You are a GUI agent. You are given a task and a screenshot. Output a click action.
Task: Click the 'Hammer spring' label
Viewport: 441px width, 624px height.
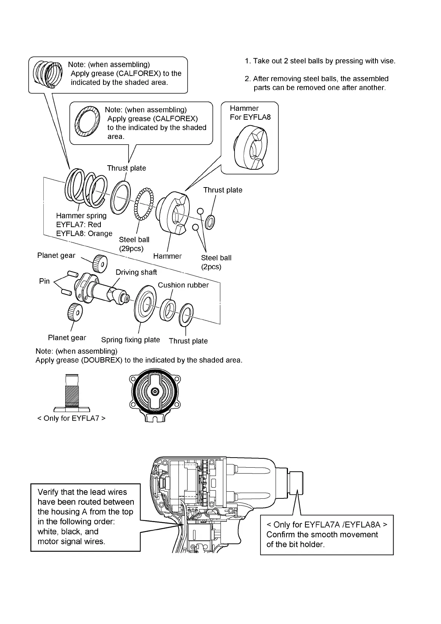point(81,216)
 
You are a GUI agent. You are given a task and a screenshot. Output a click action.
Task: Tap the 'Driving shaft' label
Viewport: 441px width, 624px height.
point(136,272)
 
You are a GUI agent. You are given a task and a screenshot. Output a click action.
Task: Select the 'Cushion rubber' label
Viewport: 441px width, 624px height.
point(183,285)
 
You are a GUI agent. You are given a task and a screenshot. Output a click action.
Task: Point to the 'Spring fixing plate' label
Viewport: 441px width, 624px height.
point(130,340)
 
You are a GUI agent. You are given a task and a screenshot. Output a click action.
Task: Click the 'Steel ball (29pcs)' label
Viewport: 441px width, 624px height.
point(134,244)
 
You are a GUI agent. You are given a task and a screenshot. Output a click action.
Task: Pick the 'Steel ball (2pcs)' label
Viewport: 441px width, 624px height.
point(216,262)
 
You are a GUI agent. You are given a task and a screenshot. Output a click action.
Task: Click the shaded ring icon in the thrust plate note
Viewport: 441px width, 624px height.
point(87,121)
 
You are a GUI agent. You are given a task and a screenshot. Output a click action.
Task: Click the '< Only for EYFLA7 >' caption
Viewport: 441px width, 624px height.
point(71,418)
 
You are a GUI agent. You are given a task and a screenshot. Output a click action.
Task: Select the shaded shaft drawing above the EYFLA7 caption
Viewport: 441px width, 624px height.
point(72,393)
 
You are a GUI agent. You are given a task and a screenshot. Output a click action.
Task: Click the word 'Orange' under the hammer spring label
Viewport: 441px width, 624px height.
point(100,234)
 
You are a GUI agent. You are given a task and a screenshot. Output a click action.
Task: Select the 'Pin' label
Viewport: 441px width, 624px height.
point(44,281)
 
